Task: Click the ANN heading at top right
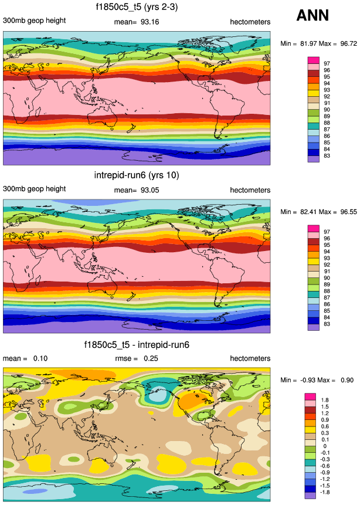[313, 16]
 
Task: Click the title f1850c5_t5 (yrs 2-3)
[137, 7]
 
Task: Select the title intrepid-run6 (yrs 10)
[137, 175]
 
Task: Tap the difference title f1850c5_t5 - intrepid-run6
[137, 344]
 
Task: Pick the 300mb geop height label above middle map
[34, 189]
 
